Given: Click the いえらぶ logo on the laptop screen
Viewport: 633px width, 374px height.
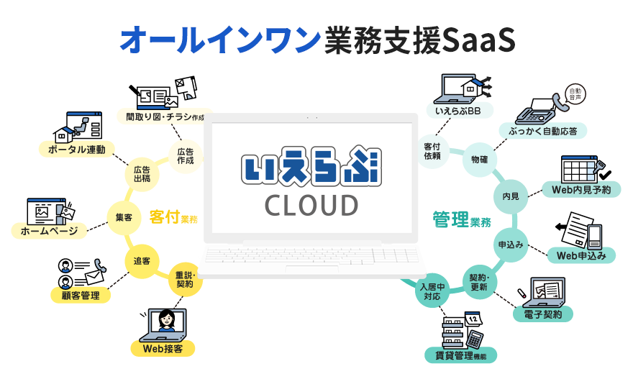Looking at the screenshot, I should [311, 165].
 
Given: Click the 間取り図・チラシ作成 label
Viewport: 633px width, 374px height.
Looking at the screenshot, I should [165, 116].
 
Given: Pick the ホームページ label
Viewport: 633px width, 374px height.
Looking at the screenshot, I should [50, 231].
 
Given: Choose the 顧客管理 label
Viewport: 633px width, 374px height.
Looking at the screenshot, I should [80, 295].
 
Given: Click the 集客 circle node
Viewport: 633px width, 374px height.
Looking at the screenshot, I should [123, 217].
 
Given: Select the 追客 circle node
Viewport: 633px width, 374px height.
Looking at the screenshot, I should [142, 260].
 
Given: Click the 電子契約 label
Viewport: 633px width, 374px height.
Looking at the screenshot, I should [542, 314].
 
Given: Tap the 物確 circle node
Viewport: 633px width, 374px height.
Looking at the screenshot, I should [479, 158].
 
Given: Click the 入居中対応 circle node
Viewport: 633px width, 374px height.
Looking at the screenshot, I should [434, 290].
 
